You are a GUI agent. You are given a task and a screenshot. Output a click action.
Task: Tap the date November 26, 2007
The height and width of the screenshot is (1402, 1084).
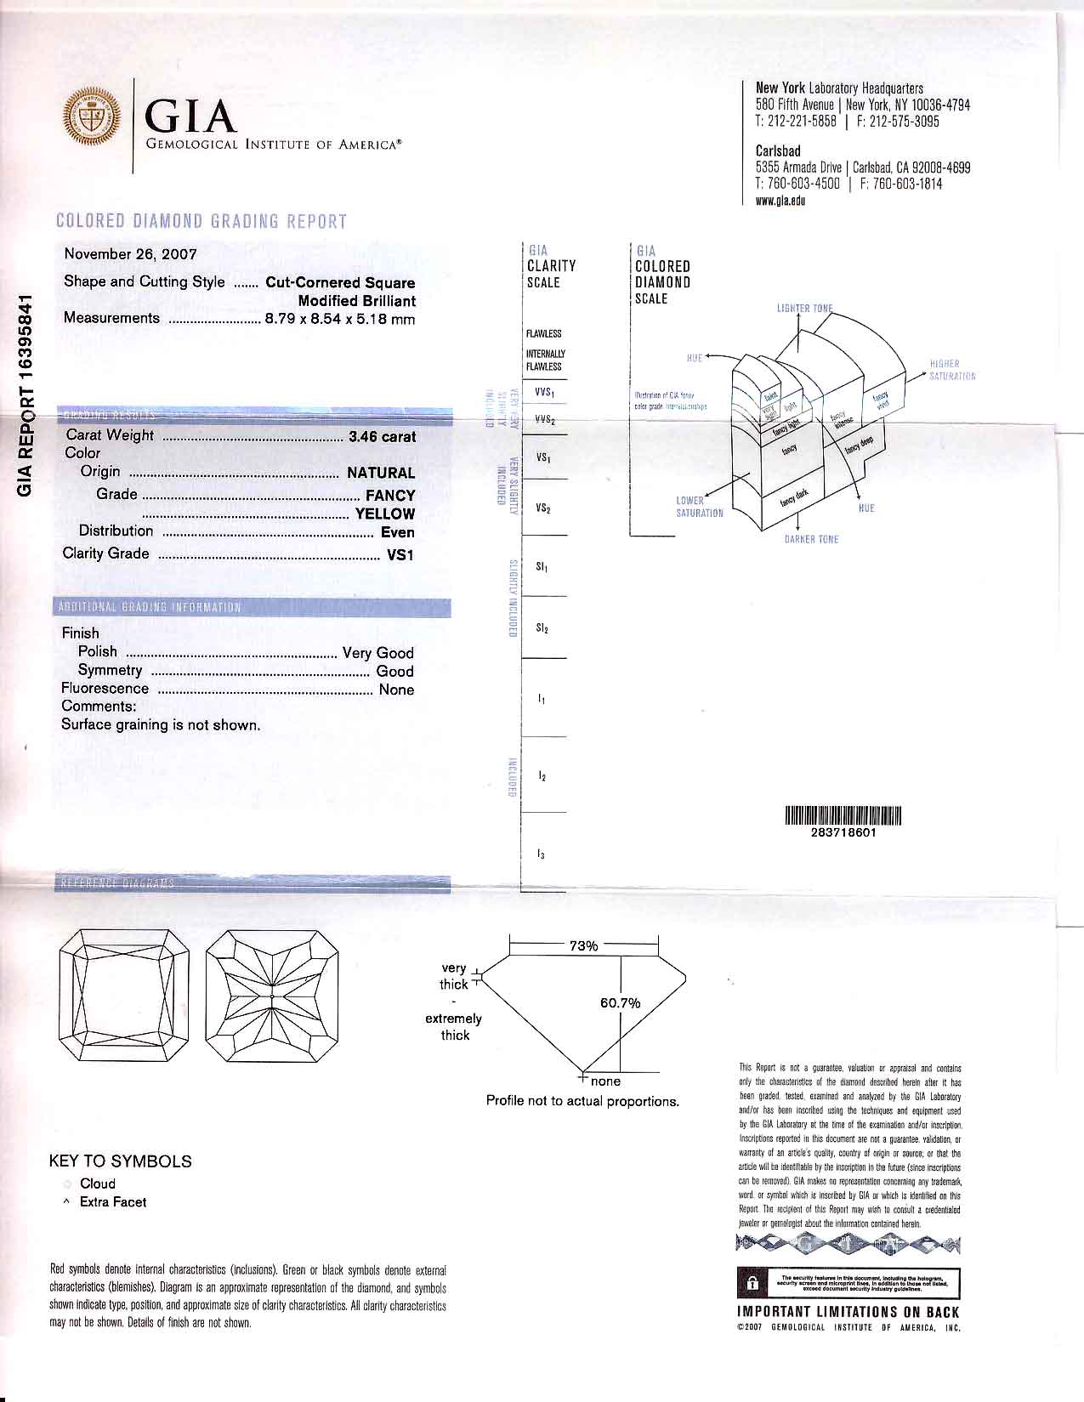pyautogui.click(x=130, y=253)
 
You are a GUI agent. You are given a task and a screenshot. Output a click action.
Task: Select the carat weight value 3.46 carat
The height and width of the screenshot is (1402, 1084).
pyautogui.click(x=382, y=437)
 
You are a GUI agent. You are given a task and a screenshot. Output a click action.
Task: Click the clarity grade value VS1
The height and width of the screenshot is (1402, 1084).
pyautogui.click(x=400, y=554)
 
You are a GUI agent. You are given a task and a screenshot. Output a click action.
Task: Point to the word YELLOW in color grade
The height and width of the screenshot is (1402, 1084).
pyautogui.click(x=385, y=514)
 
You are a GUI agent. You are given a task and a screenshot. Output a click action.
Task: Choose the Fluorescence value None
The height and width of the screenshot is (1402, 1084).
pyautogui.click(x=396, y=690)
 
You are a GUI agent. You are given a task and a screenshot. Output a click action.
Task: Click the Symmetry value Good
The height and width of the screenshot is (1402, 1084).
pyautogui.click(x=394, y=671)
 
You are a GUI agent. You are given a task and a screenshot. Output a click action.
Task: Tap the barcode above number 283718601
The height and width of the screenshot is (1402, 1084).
pyautogui.click(x=843, y=816)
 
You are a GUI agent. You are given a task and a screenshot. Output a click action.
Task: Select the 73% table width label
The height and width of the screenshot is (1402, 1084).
pyautogui.click(x=583, y=945)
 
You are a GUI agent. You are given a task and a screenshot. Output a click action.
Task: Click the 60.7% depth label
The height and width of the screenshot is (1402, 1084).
pyautogui.click(x=620, y=1003)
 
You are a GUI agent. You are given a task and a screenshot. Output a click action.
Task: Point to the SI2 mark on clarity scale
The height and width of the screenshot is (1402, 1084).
pyautogui.click(x=542, y=629)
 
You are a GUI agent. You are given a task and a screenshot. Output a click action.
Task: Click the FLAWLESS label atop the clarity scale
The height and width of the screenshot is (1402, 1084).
pyautogui.click(x=543, y=334)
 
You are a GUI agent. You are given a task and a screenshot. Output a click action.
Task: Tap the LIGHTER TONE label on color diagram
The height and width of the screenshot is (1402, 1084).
pyautogui.click(x=804, y=308)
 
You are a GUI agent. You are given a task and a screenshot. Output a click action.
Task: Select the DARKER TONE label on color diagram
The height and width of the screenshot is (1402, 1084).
pyautogui.click(x=811, y=539)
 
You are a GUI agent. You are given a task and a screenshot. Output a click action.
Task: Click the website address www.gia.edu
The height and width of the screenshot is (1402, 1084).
pyautogui.click(x=780, y=201)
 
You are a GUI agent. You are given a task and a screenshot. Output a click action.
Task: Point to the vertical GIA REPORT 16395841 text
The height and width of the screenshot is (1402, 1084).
pyautogui.click(x=26, y=394)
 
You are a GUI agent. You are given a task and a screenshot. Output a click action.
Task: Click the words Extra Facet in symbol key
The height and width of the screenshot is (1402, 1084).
pyautogui.click(x=112, y=1202)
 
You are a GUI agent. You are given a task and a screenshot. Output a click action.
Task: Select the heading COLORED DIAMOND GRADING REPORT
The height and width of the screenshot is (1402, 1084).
pyautogui.click(x=201, y=222)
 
